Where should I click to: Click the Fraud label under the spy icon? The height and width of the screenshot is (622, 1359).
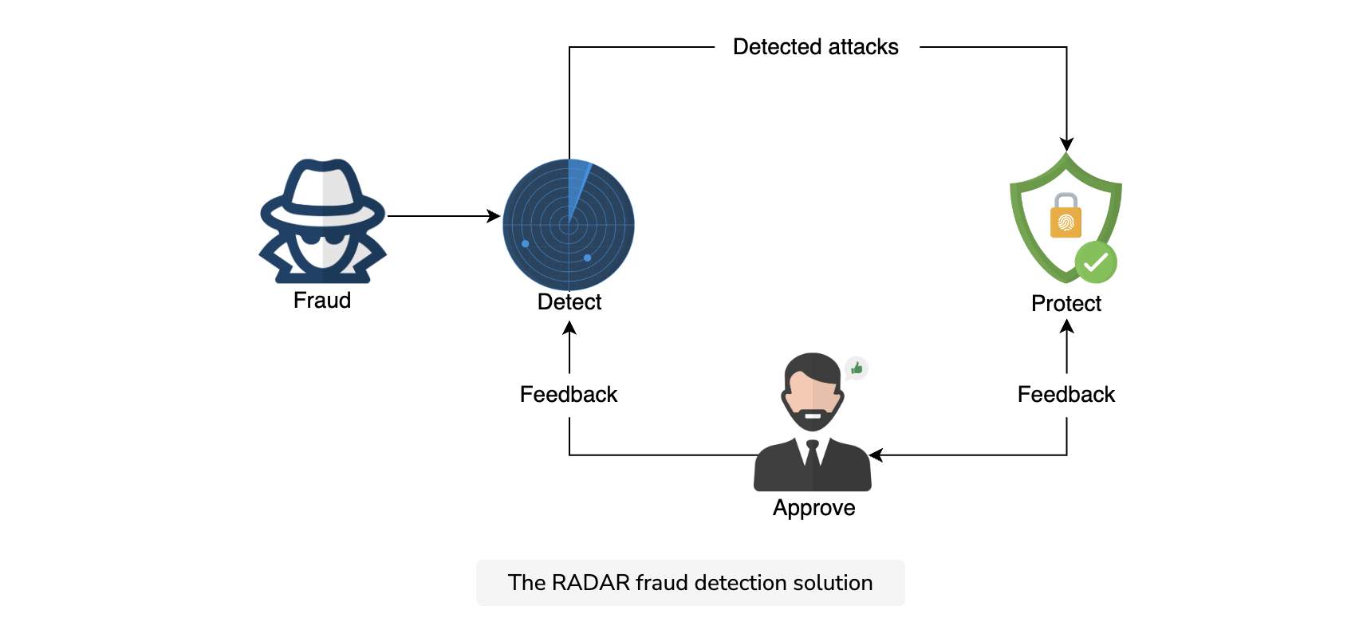pos(322,301)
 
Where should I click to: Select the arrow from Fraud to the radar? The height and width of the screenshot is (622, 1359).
pos(443,215)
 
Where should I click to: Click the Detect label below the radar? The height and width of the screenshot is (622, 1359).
pos(569,301)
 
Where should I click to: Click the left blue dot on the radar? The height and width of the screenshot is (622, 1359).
pos(526,244)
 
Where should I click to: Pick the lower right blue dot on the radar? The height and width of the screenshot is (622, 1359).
pos(587,258)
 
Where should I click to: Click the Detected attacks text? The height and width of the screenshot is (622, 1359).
pos(815,47)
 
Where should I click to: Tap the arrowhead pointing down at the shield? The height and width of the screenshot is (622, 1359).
pos(1066,144)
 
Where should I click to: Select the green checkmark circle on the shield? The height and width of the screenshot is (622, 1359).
pos(1096,262)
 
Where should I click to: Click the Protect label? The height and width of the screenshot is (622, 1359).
pos(1066,303)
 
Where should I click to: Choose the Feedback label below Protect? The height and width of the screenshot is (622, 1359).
pos(1066,395)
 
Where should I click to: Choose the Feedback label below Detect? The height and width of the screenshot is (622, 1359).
pos(569,395)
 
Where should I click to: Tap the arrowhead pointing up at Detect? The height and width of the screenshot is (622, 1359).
pos(569,328)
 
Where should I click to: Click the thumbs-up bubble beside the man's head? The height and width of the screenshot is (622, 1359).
pos(856,368)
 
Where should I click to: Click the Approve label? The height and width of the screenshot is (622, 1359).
pos(813,507)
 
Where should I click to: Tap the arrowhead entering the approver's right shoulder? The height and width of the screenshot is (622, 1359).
pos(876,455)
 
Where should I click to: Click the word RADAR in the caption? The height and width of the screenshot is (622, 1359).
pos(591,583)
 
